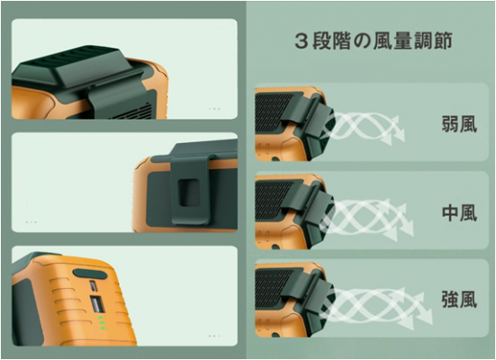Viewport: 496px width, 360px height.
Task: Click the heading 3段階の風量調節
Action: [x=374, y=41]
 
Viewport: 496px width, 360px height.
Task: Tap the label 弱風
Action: [x=459, y=123]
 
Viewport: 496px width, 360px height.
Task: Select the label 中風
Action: [x=459, y=213]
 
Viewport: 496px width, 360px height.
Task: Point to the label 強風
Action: [x=459, y=300]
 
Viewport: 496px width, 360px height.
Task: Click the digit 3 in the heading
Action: [x=302, y=41]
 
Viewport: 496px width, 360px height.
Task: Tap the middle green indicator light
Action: [x=102, y=322]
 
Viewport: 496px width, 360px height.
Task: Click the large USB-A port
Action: [x=96, y=304]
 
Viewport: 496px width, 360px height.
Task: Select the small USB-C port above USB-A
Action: [x=93, y=286]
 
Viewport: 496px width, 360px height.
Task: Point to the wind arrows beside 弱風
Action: [x=364, y=128]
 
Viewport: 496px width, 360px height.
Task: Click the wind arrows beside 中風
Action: [x=367, y=219]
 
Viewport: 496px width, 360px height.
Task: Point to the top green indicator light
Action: [x=100, y=317]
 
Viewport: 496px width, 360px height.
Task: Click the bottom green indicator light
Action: [x=104, y=328]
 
